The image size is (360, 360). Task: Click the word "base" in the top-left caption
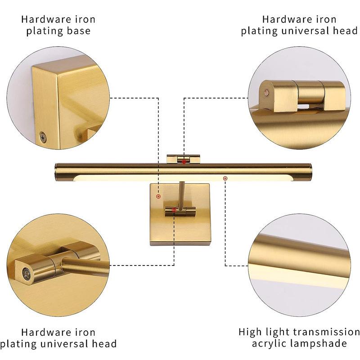[78, 31]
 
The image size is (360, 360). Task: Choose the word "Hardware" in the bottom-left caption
[42, 332]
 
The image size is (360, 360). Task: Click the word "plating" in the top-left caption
[41, 31]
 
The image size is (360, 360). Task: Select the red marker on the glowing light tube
[225, 179]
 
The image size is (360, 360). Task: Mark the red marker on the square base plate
[158, 197]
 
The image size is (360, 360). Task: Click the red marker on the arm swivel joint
[174, 209]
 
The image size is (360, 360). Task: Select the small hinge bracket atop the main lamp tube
[183, 158]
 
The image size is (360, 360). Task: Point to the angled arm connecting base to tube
[180, 194]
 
